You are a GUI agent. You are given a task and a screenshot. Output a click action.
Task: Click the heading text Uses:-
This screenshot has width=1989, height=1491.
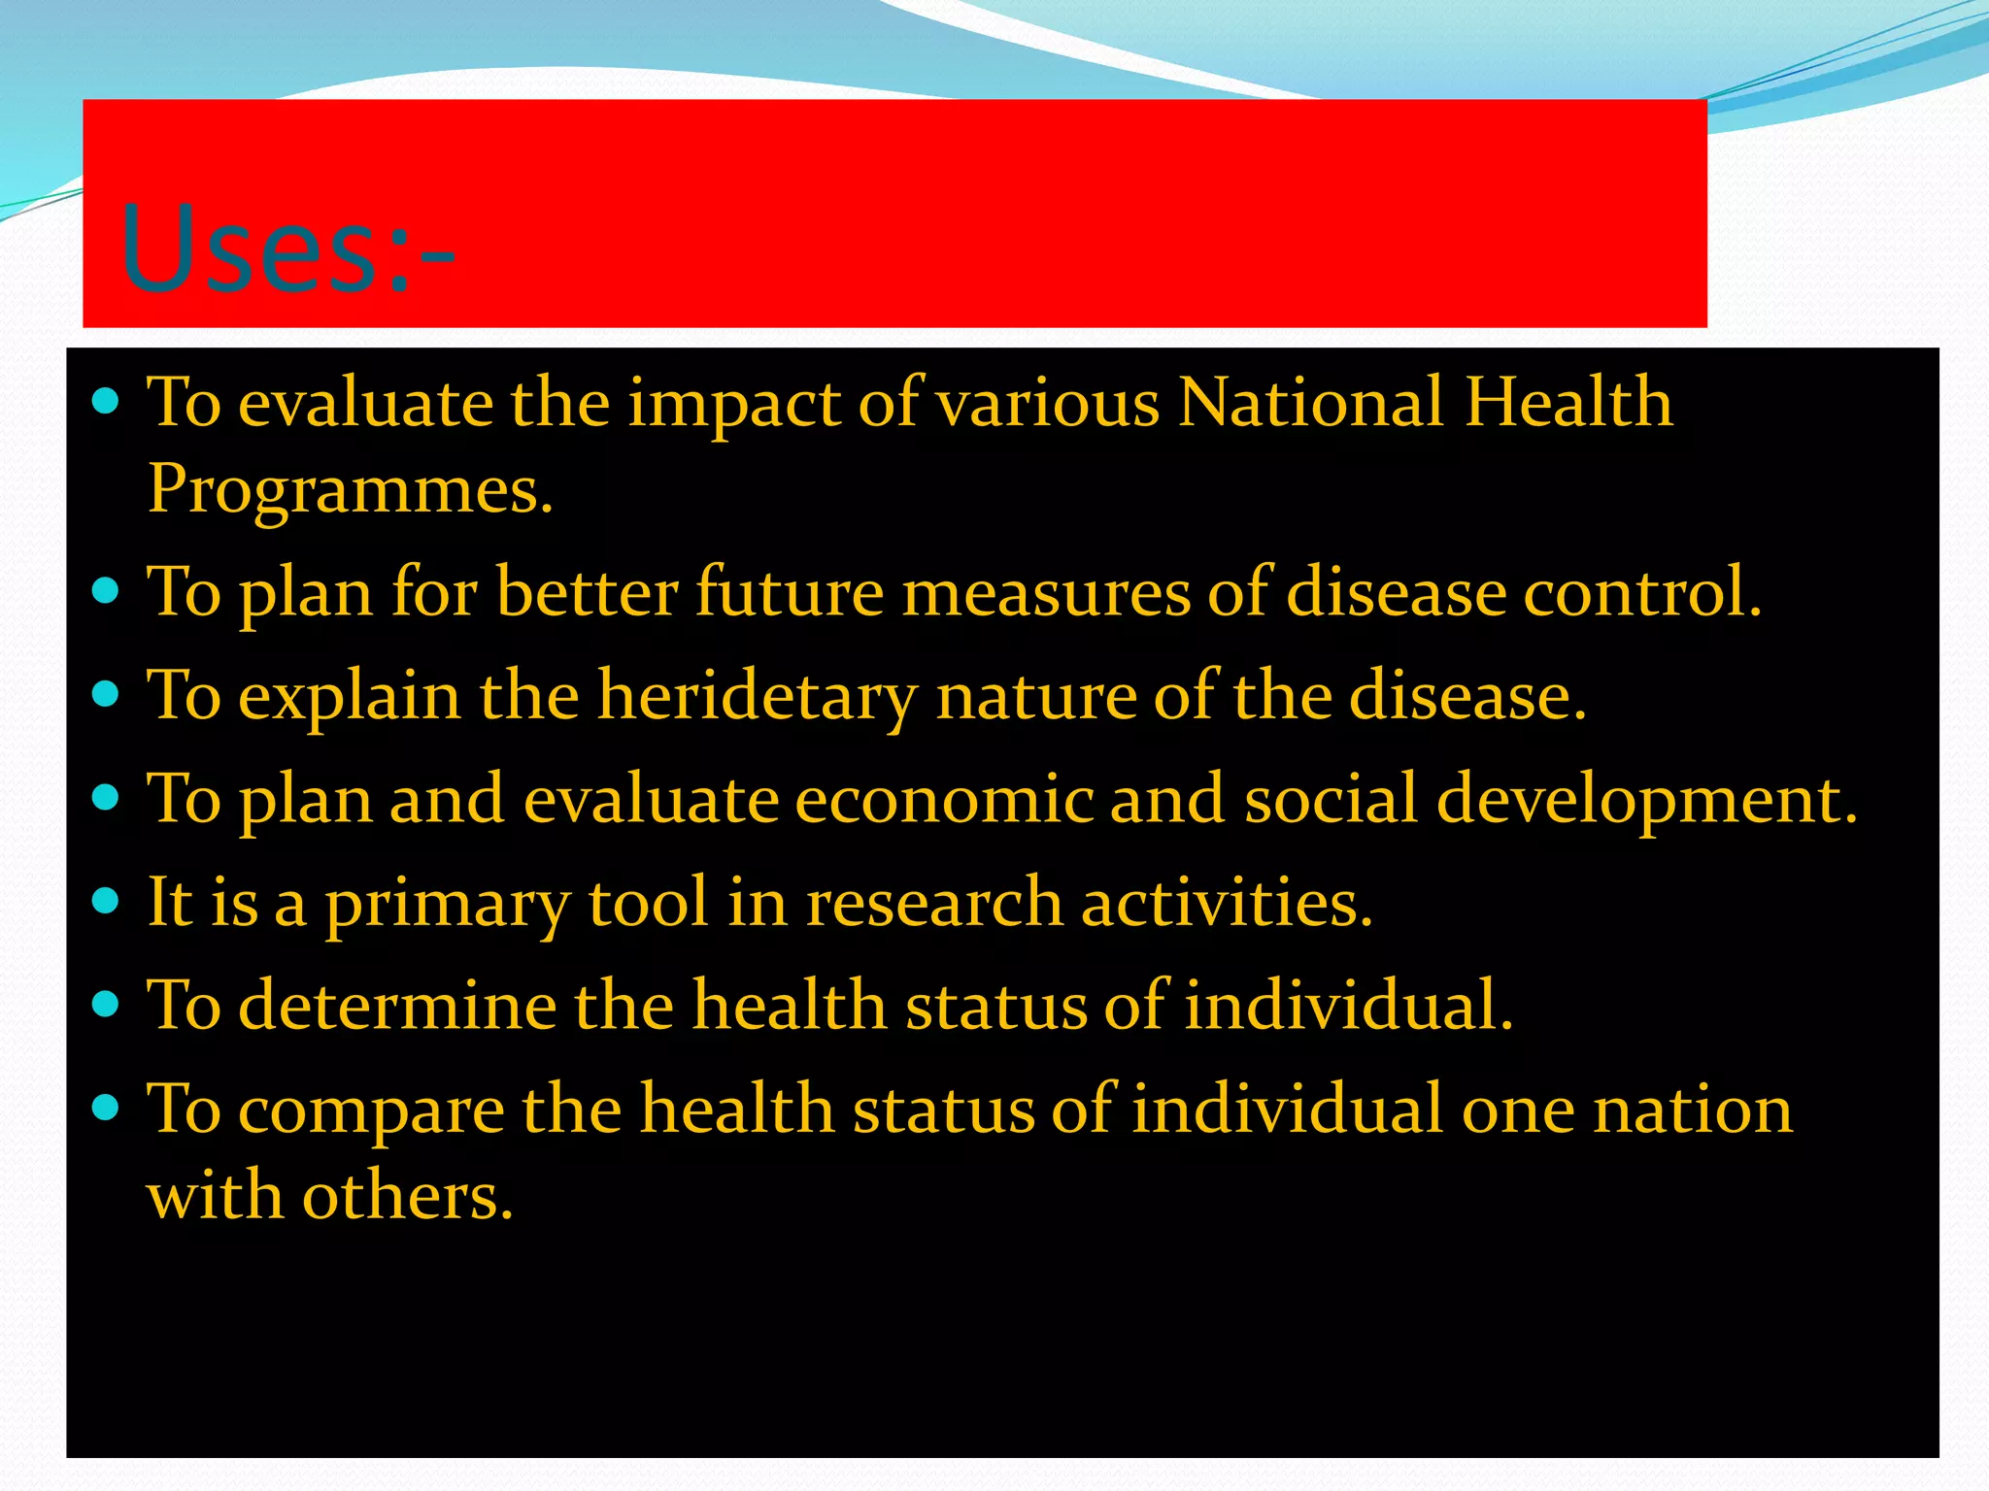click(x=287, y=250)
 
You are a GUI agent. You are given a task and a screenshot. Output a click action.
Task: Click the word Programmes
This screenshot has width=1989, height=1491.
click(x=350, y=489)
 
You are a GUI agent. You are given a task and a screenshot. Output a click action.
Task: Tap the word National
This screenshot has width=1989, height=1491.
click(x=1310, y=402)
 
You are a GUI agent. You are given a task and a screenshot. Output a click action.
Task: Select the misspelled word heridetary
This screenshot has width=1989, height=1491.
click(x=757, y=697)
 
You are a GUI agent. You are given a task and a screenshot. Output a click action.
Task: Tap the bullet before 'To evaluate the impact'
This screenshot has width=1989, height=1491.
click(x=105, y=401)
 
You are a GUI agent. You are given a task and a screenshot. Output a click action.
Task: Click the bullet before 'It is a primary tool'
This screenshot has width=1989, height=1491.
click(x=105, y=900)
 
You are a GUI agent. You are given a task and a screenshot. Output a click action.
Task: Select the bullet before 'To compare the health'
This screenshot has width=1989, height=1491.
click(x=105, y=1106)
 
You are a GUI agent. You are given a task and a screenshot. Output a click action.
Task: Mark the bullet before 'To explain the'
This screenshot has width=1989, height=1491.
click(x=105, y=694)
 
